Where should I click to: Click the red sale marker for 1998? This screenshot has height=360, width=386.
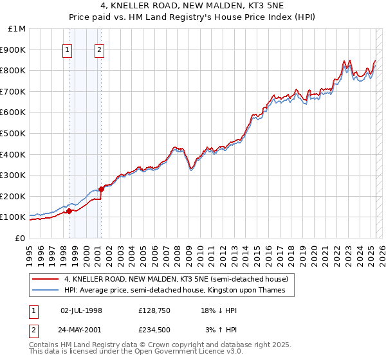[69, 211]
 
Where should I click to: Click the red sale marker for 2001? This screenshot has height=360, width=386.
[102, 189]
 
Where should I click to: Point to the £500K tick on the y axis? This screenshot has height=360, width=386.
[14, 133]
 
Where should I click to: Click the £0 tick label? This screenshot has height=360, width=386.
[20, 238]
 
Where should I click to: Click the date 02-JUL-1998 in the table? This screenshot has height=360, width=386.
[81, 310]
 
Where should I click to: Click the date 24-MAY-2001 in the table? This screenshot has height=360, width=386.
[81, 330]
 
